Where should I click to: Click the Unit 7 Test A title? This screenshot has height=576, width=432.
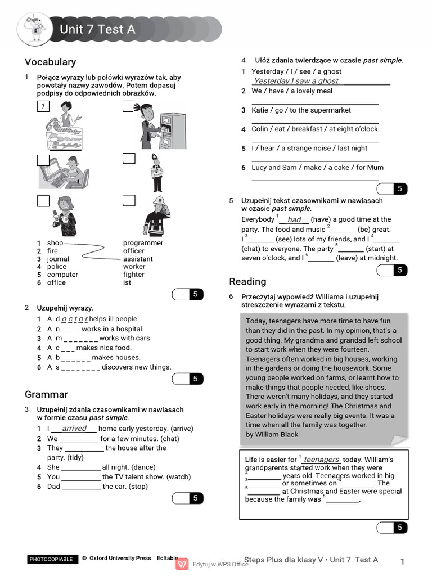pyautogui.click(x=97, y=29)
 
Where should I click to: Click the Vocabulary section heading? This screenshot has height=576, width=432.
pyautogui.click(x=50, y=62)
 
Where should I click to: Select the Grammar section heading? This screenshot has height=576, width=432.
pyautogui.click(x=46, y=394)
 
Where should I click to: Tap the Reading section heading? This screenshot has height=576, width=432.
pyautogui.click(x=247, y=281)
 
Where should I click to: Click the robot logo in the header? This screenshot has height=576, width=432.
pyautogui.click(x=35, y=29)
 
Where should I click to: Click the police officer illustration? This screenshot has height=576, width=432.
pyautogui.click(x=157, y=172)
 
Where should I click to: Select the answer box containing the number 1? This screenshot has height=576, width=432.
pyautogui.click(x=43, y=106)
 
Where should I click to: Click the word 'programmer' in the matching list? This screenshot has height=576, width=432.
pyautogui.click(x=143, y=243)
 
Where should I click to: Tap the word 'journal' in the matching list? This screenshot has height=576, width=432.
pyautogui.click(x=58, y=259)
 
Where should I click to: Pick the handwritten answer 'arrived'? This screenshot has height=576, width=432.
pyautogui.click(x=74, y=429)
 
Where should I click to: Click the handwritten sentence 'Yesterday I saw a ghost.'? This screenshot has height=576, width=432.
pyautogui.click(x=297, y=81)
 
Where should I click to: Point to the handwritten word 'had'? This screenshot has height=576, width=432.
pyautogui.click(x=294, y=220)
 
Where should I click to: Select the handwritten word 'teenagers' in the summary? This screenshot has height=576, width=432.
pyautogui.click(x=321, y=460)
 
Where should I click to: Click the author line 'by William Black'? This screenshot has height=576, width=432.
pyautogui.click(x=272, y=434)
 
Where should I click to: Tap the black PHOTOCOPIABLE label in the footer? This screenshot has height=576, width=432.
pyautogui.click(x=51, y=559)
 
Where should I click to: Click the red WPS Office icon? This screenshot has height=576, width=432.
pyautogui.click(x=182, y=564)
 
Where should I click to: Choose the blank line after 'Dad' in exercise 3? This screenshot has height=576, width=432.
pyautogui.click(x=81, y=487)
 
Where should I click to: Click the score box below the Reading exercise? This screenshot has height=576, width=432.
pyautogui.click(x=392, y=527)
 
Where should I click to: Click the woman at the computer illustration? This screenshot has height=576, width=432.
pyautogui.click(x=63, y=172)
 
